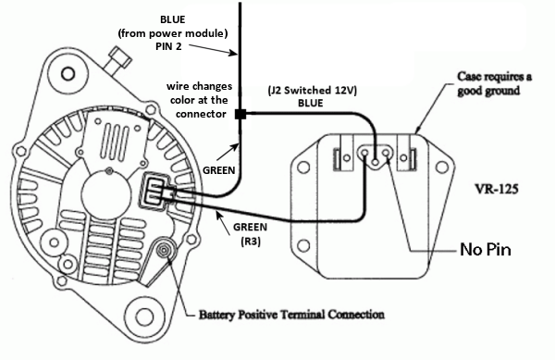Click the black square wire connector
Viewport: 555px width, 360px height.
[241, 115]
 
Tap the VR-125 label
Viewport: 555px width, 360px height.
[496, 189]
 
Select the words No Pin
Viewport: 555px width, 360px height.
[486, 250]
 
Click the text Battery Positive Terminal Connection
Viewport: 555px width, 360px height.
[291, 315]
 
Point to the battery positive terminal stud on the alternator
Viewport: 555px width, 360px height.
[164, 250]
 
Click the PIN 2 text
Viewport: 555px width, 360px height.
[168, 46]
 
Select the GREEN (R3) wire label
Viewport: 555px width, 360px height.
[251, 234]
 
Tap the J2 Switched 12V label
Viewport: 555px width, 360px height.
[313, 91]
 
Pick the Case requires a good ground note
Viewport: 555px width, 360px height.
[494, 83]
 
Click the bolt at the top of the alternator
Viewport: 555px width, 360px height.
[119, 59]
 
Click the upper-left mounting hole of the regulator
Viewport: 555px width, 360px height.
[303, 168]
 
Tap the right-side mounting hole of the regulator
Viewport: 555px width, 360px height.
[441, 168]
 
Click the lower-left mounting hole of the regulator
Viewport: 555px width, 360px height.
[303, 245]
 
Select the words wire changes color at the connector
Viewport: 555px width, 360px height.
[200, 100]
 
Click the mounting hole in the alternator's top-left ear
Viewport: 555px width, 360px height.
[68, 74]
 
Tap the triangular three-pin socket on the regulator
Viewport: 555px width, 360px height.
[376, 156]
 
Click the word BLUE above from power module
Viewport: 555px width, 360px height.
[172, 19]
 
